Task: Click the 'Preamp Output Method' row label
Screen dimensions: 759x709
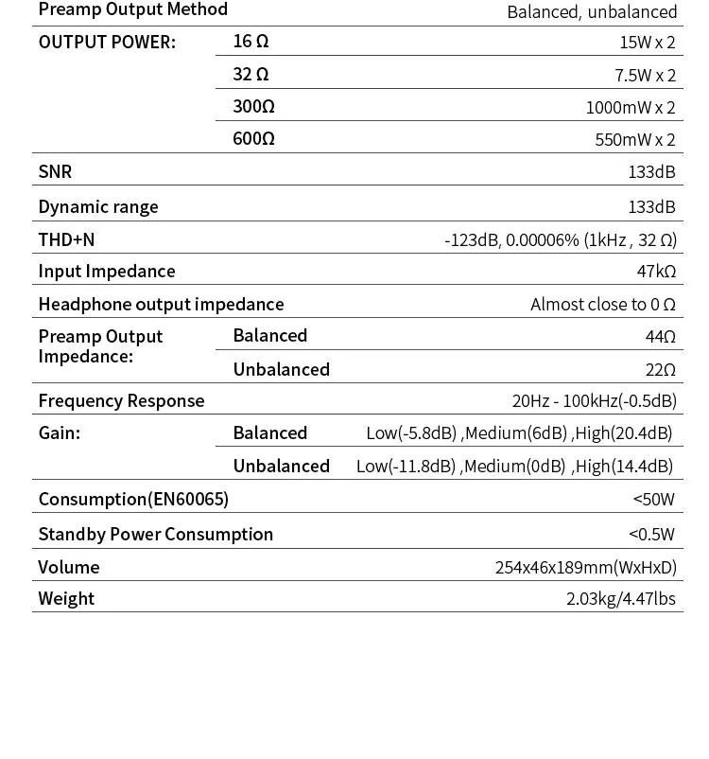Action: click(x=132, y=9)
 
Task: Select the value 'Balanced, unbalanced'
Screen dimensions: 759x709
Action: click(x=592, y=11)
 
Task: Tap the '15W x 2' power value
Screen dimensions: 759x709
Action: click(x=648, y=43)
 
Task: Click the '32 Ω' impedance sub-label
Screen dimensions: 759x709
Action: click(x=251, y=74)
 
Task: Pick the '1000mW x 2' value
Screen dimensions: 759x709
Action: click(x=631, y=107)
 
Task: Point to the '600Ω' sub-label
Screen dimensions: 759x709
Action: click(x=253, y=138)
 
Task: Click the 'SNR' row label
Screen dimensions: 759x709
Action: click(x=55, y=171)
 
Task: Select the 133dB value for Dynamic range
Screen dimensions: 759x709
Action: click(x=652, y=206)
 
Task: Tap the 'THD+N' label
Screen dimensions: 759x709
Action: click(x=66, y=239)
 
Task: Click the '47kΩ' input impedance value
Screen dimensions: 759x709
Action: click(x=656, y=272)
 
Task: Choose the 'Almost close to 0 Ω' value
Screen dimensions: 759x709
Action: click(x=603, y=304)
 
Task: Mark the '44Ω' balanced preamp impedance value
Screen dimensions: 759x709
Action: click(x=661, y=336)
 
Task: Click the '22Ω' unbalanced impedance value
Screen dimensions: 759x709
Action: click(x=661, y=369)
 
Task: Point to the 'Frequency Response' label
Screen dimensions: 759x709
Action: click(x=121, y=400)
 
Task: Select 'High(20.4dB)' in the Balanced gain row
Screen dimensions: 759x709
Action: click(x=624, y=433)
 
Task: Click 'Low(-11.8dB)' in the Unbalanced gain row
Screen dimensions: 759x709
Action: click(x=406, y=466)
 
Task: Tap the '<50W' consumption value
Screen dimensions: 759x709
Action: click(x=654, y=499)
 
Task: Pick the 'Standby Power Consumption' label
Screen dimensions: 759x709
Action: click(x=155, y=534)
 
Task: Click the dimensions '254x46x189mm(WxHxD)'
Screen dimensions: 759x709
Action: click(x=586, y=567)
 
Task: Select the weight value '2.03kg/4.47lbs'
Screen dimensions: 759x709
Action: click(x=621, y=598)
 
